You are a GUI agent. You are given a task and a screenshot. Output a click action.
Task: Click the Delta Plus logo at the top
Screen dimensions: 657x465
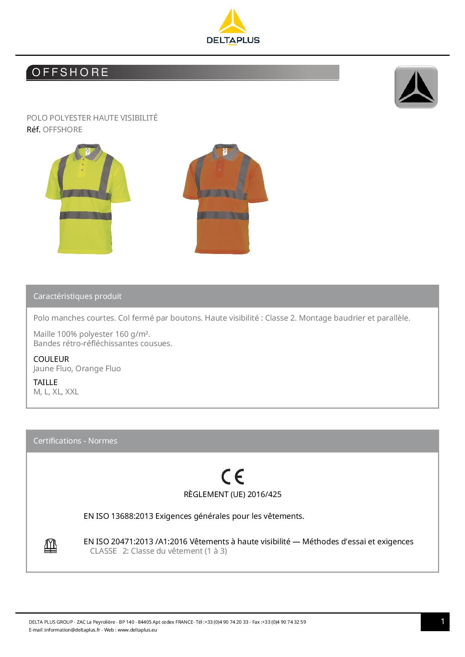[232, 27]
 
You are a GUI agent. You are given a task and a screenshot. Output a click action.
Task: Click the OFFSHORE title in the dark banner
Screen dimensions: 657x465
[70, 72]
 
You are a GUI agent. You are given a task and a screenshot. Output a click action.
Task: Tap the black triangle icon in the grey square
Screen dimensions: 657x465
[416, 87]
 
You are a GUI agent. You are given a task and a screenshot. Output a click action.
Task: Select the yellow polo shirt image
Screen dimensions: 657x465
[88, 199]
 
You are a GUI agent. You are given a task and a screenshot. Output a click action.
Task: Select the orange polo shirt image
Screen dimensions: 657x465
[225, 199]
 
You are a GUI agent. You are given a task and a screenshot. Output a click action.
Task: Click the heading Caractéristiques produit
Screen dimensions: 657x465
[77, 296]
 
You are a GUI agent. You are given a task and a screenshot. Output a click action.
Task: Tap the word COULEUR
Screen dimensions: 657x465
[51, 359]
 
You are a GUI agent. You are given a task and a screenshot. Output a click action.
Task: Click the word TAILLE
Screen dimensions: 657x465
[45, 382]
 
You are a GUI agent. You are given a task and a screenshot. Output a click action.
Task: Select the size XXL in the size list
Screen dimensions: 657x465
[72, 392]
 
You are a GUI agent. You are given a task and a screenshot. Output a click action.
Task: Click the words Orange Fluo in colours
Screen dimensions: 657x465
[98, 369]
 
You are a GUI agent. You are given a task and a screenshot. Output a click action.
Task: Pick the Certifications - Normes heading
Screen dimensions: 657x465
[75, 441]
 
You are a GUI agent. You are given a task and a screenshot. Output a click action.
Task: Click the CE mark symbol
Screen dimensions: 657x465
[232, 476]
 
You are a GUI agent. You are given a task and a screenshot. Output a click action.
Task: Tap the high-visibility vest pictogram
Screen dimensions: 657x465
[51, 546]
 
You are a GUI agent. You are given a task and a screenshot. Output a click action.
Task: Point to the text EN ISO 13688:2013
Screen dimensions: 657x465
[118, 516]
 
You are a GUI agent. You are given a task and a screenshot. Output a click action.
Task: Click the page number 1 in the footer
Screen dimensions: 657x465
[442, 622]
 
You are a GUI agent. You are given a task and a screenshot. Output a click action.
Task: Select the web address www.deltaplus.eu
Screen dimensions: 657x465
[137, 630]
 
